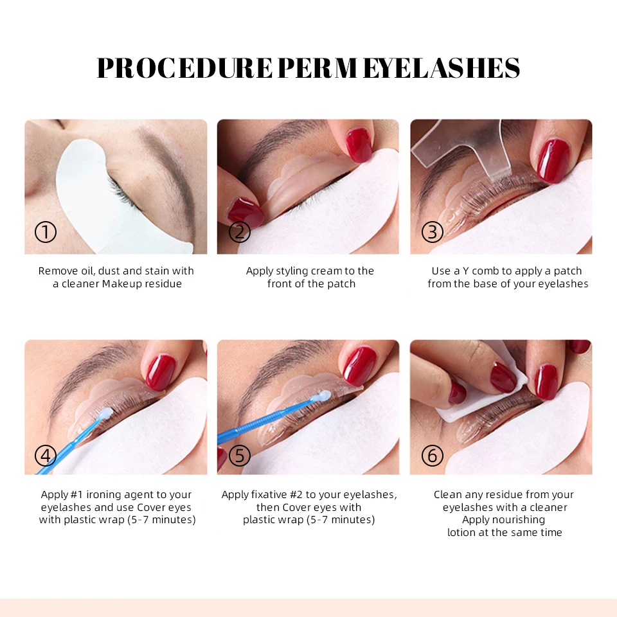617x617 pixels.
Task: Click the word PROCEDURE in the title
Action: coord(184,68)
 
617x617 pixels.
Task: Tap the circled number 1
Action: coord(46,232)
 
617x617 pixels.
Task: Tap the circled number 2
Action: coord(239,232)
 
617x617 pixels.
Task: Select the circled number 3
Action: coord(432,232)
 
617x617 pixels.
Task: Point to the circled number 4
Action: coord(46,456)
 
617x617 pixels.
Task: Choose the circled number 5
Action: coord(239,456)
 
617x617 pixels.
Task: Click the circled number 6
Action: coord(432,456)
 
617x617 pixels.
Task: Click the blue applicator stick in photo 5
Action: coord(257,427)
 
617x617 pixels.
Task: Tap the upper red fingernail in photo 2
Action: coord(359,144)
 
